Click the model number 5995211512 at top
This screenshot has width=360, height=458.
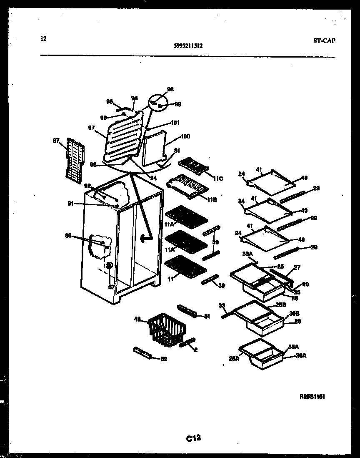point(188,46)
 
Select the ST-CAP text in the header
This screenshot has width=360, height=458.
point(324,40)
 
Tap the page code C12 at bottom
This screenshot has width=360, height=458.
point(194,438)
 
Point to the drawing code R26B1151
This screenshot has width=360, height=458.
point(312,397)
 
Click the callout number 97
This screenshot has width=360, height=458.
point(92,128)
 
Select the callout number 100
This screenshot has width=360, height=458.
point(185,136)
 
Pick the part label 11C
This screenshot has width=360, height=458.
point(218,179)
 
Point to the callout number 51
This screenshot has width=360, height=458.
point(207,316)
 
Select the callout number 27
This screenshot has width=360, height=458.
point(297,267)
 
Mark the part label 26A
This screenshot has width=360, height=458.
point(301,355)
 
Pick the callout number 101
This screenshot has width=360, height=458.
point(175,123)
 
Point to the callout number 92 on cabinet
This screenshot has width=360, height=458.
point(87,186)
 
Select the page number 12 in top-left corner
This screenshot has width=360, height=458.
point(44,39)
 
